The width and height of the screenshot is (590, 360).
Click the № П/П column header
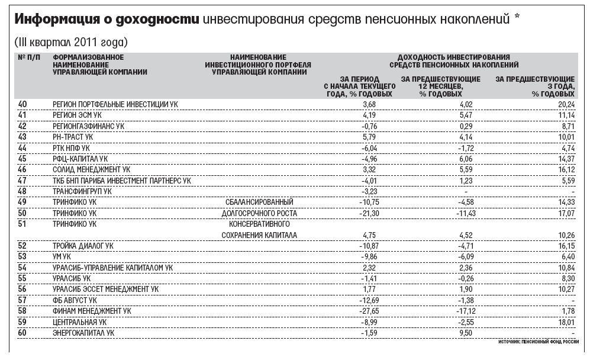point(30,57)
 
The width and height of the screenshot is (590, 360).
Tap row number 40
point(23,104)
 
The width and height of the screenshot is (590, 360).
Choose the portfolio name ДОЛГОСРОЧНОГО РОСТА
point(259,213)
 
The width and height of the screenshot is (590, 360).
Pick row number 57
point(23,300)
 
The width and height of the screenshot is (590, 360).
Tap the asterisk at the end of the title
point(517,18)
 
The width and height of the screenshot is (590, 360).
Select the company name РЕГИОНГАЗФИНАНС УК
point(88,126)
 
